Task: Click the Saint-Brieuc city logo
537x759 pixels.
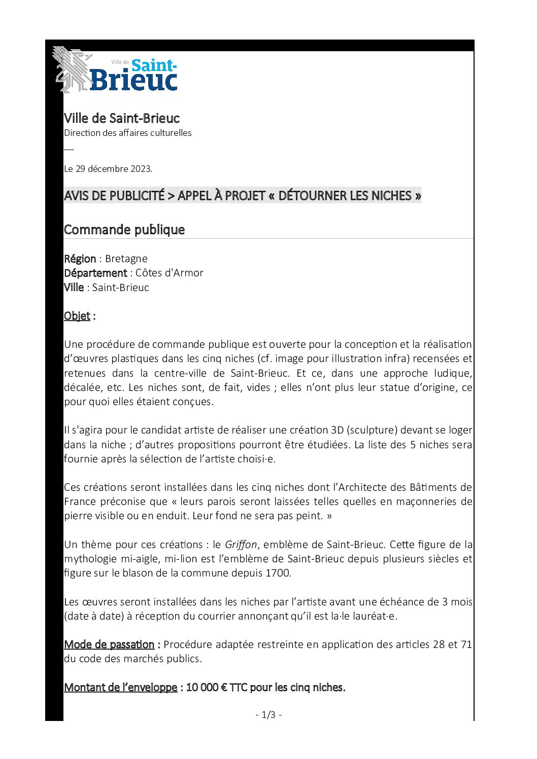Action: coord(116,70)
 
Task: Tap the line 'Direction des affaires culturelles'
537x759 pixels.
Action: coord(127,133)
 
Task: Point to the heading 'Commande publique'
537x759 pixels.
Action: coord(124,230)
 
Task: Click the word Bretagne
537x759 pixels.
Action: coord(126,259)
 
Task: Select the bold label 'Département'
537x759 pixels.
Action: coord(95,273)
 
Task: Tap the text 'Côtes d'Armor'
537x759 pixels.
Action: coord(169,273)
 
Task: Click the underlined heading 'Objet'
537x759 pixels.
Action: coord(77,316)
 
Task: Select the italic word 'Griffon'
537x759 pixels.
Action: coord(241,545)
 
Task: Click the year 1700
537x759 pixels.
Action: coord(278,573)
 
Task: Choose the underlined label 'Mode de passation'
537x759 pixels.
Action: coord(109,644)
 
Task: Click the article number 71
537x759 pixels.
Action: coord(466,644)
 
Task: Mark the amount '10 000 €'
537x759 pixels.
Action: coord(207,688)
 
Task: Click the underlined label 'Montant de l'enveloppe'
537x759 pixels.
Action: coord(120,688)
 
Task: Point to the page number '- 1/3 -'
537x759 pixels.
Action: coord(268,715)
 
